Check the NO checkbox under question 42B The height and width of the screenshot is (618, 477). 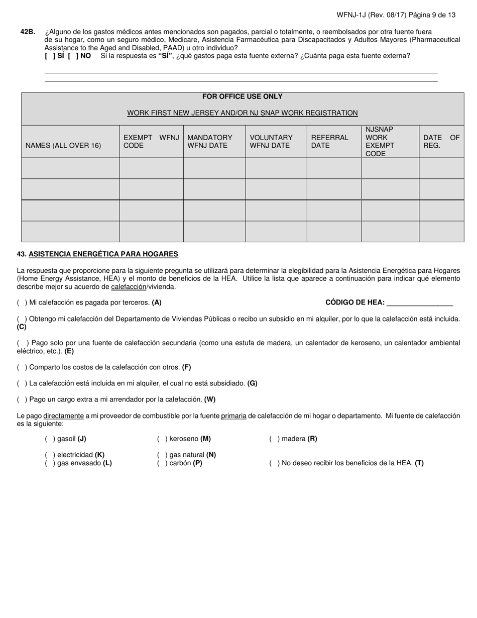pyautogui.click(x=73, y=56)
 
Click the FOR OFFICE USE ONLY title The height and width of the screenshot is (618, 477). pyautogui.click(x=242, y=96)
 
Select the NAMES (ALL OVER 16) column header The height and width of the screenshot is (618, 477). pyautogui.click(x=63, y=146)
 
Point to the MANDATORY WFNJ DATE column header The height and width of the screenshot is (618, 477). pyautogui.click(x=210, y=141)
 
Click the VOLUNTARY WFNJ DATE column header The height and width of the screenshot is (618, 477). pyautogui.click(x=271, y=141)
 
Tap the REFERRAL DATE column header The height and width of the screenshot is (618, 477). pyautogui.click(x=330, y=141)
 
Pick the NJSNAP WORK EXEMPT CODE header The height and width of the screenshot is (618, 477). pyautogui.click(x=380, y=141)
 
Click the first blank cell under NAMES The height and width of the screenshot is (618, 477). pyautogui.click(x=70, y=168)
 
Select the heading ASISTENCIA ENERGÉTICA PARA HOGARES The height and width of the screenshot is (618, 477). pyautogui.click(x=103, y=254)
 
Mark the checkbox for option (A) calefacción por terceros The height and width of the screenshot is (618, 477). pyautogui.click(x=22, y=302)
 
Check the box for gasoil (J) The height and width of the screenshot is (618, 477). pyautogui.click(x=50, y=439)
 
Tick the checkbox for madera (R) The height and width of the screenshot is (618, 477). pyautogui.click(x=274, y=439)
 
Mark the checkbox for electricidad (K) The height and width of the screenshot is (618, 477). pyautogui.click(x=50, y=455)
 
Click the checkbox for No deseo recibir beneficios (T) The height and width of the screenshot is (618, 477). pyautogui.click(x=274, y=463)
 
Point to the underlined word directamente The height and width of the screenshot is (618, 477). pyautogui.click(x=63, y=416)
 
